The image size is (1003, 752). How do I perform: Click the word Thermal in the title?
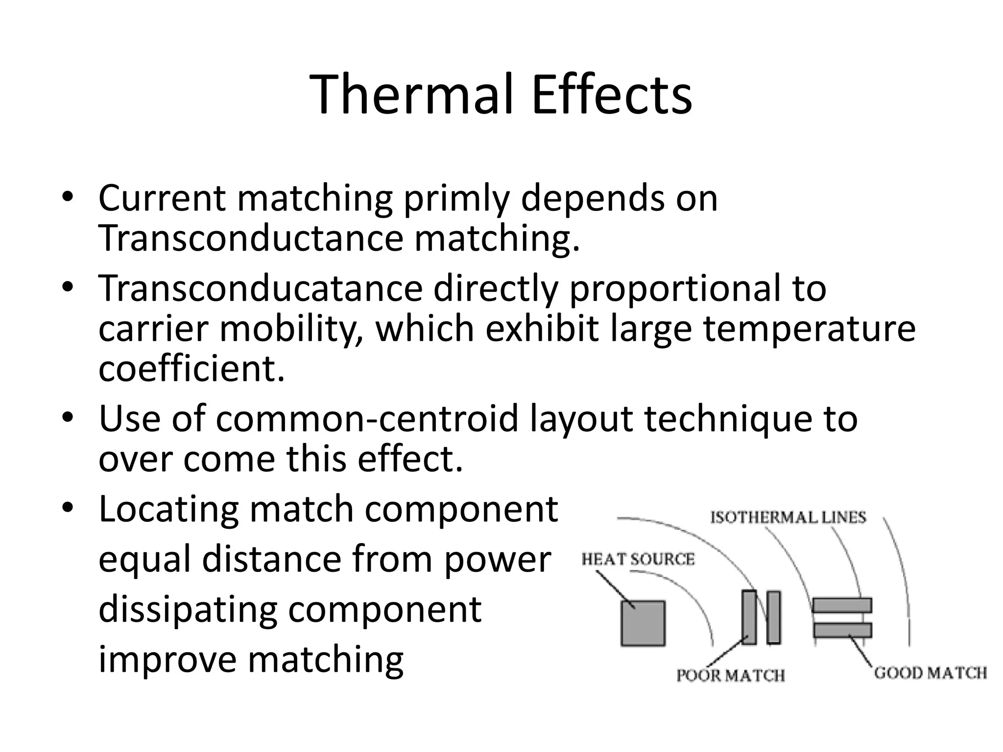pyautogui.click(x=413, y=94)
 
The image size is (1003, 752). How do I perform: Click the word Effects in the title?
pyautogui.click(x=612, y=94)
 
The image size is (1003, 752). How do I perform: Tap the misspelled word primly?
pyautogui.click(x=456, y=199)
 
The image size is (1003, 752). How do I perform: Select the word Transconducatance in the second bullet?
pyautogui.click(x=260, y=288)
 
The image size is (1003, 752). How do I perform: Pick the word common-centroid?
pyautogui.click(x=367, y=419)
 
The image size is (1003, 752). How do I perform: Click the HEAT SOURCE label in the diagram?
pyautogui.click(x=638, y=559)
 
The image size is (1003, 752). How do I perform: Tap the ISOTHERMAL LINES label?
pyautogui.click(x=788, y=517)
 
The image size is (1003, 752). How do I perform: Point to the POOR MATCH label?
pyautogui.click(x=730, y=676)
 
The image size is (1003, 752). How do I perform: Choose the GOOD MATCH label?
pyautogui.click(x=930, y=673)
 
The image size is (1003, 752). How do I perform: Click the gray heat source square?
pyautogui.click(x=643, y=623)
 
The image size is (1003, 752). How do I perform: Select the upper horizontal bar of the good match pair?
pyautogui.click(x=842, y=605)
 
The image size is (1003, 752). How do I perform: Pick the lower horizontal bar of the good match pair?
pyautogui.click(x=842, y=630)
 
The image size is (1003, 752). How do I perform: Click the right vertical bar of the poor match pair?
pyautogui.click(x=774, y=617)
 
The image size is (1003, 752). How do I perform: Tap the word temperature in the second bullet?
pyautogui.click(x=809, y=329)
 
